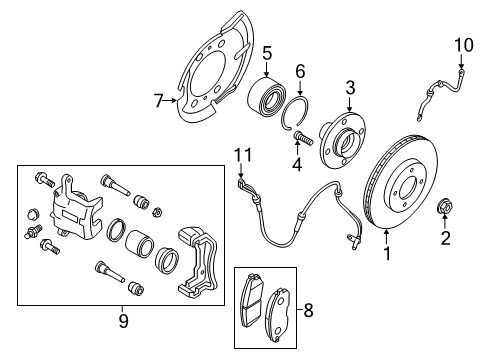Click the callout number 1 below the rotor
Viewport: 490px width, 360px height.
click(386, 253)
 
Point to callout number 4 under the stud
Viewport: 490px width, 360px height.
click(296, 163)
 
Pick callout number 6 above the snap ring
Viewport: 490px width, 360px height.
click(300, 72)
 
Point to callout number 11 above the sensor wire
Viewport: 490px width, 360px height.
click(238, 153)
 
